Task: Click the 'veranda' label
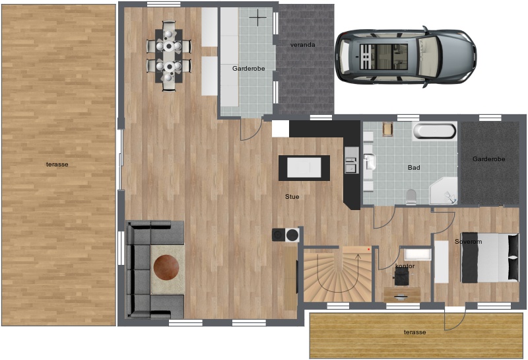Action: click(x=303, y=45)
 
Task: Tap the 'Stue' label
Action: click(x=292, y=197)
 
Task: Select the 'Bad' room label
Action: click(x=414, y=168)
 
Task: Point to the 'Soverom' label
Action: click(x=468, y=242)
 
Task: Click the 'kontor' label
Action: click(x=405, y=266)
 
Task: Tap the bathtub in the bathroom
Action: click(x=435, y=131)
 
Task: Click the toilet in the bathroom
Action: click(x=411, y=197)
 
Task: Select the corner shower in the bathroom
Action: click(x=444, y=191)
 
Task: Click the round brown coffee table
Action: click(x=166, y=268)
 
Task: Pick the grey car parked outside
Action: click(x=406, y=57)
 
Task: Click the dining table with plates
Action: click(x=169, y=56)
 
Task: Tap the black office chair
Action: click(x=401, y=277)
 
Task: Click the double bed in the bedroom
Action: click(x=490, y=258)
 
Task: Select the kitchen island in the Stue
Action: click(x=304, y=168)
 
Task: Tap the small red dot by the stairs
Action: click(x=369, y=250)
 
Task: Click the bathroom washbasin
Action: click(x=370, y=162)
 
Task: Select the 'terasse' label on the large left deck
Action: click(x=57, y=164)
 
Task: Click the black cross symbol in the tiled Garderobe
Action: click(x=258, y=17)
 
